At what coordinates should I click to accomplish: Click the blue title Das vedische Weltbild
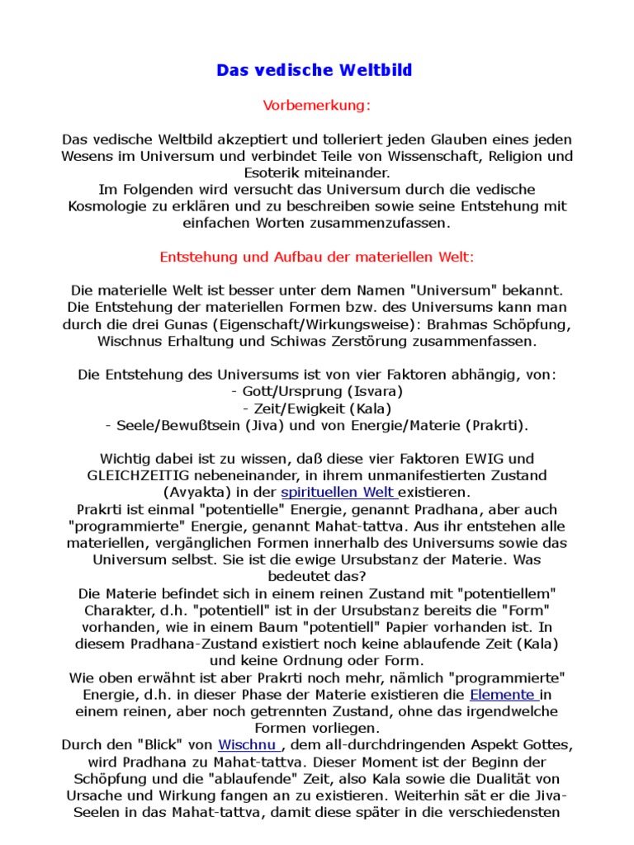[x=315, y=71]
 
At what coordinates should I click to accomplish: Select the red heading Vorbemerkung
[x=317, y=106]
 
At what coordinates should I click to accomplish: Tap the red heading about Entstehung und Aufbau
[x=317, y=257]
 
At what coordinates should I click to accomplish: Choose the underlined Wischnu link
[x=246, y=745]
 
